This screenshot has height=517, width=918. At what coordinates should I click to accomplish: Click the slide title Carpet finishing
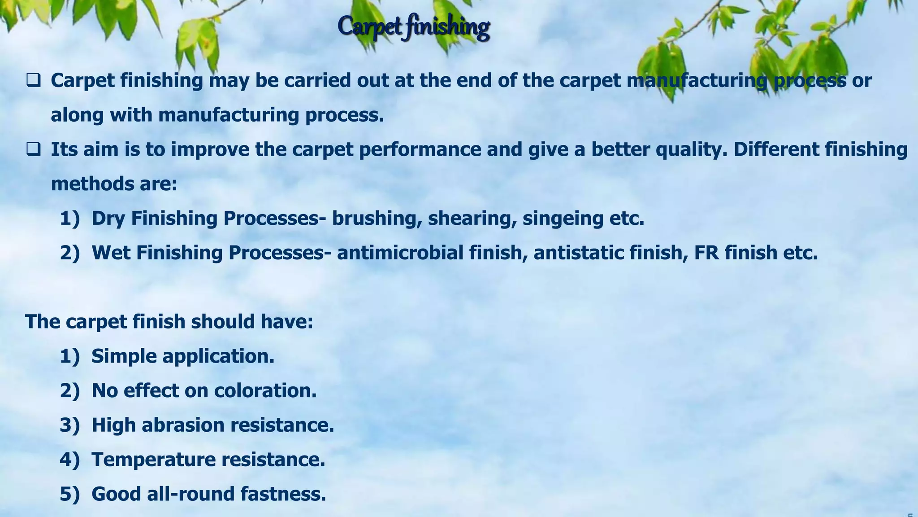click(413, 26)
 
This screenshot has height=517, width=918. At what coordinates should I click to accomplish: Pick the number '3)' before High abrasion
click(69, 425)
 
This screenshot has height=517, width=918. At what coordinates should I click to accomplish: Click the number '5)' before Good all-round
click(69, 494)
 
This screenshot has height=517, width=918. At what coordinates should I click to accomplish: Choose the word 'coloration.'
click(265, 390)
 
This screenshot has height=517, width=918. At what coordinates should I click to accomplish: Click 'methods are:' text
click(114, 184)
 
